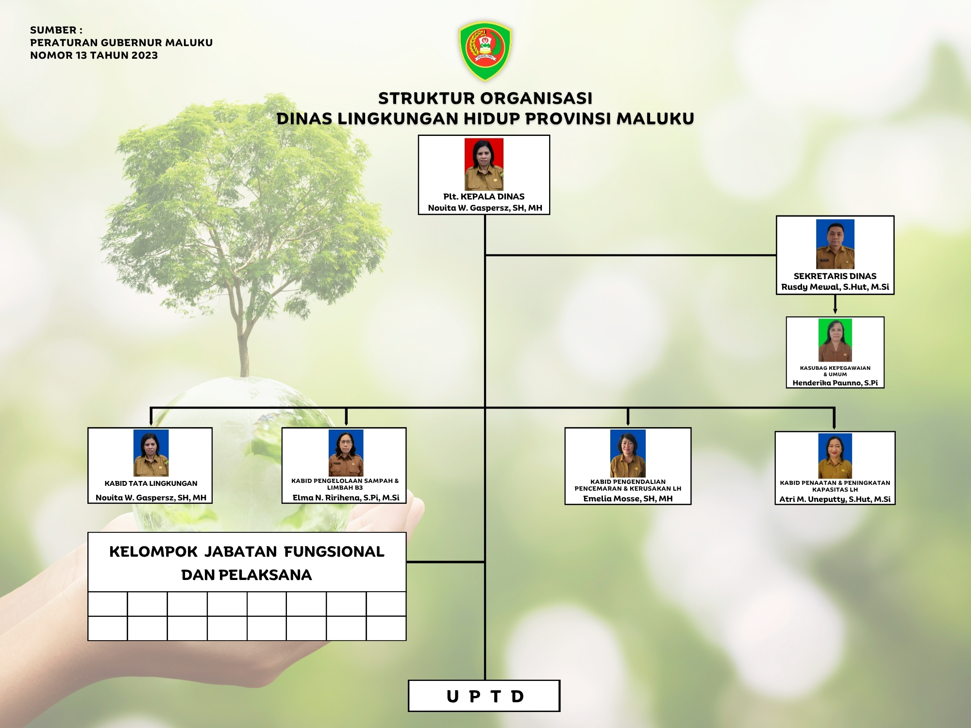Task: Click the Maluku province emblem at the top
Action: pos(485,50)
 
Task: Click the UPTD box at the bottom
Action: pos(484,695)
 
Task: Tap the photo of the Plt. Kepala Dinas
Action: pos(484,164)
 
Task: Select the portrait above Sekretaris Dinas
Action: pos(835,244)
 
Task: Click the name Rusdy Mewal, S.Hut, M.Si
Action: pos(835,287)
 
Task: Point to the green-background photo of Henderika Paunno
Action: pos(835,340)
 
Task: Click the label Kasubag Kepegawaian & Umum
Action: pos(835,371)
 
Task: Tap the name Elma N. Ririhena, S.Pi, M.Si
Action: pos(346,497)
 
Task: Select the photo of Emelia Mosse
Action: pos(628,453)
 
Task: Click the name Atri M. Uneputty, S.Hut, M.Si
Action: pos(835,499)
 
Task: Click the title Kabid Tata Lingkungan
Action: pos(151,483)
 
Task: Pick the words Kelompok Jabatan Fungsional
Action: pos(247,552)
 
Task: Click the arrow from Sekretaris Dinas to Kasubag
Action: pos(835,304)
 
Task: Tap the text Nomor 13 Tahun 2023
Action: pos(94,55)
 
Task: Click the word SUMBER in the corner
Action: pos(53,30)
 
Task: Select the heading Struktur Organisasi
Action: pos(485,98)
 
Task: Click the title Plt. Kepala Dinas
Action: pos(484,197)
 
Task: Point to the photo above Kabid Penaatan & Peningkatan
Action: pos(835,456)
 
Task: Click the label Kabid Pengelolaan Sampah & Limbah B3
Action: pos(345,484)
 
